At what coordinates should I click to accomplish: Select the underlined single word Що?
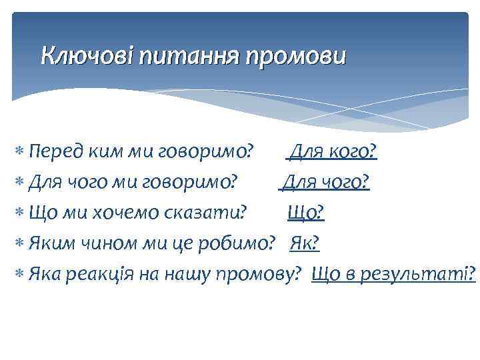pyautogui.click(x=306, y=212)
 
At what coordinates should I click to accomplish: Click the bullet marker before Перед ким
pyautogui.click(x=20, y=153)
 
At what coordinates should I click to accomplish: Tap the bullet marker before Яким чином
pyautogui.click(x=20, y=243)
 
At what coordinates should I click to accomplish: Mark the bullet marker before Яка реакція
pyautogui.click(x=20, y=273)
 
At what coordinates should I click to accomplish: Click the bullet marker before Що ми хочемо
pyautogui.click(x=20, y=213)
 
